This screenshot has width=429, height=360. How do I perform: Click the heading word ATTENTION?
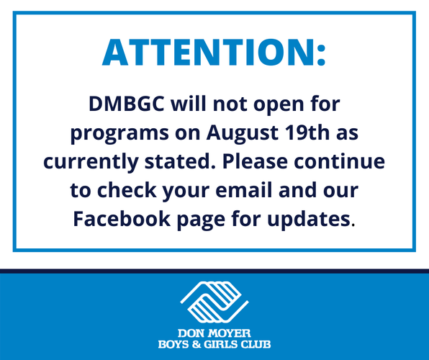point(208,53)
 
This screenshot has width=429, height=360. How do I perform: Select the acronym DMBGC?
point(127,104)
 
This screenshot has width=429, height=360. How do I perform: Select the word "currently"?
point(91,161)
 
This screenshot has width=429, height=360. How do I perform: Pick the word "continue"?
point(339,161)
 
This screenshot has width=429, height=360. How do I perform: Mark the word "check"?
point(127,189)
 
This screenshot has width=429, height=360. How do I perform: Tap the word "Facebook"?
point(122,218)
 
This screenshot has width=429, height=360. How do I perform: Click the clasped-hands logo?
point(214,302)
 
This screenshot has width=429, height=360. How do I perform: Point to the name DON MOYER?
point(214,333)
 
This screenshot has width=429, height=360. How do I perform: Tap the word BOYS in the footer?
point(173,344)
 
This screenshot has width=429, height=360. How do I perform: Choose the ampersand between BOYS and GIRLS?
point(197,344)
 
